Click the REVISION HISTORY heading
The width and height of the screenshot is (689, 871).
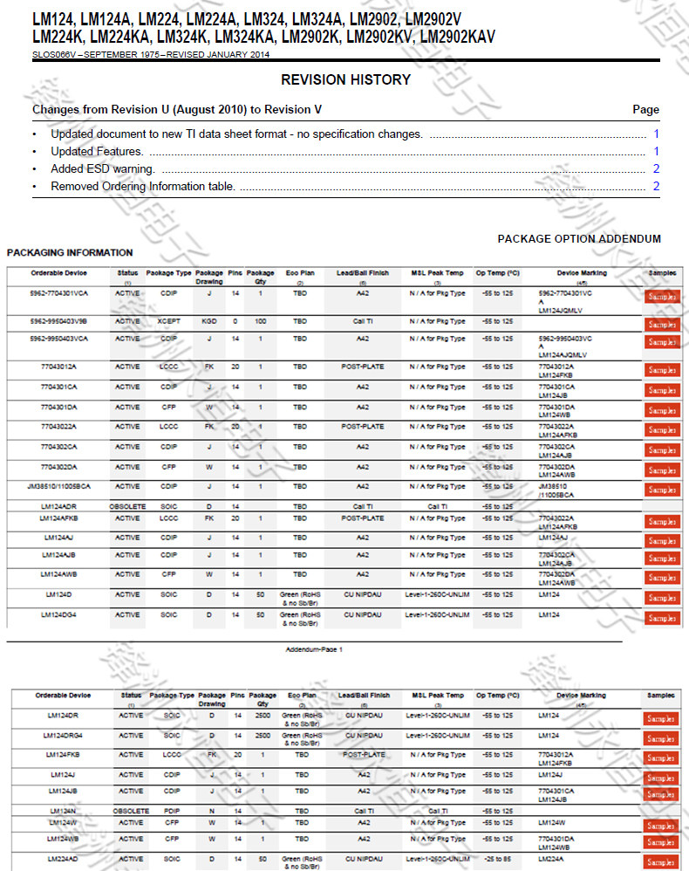point(345,79)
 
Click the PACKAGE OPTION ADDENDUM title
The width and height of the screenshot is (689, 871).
point(579,238)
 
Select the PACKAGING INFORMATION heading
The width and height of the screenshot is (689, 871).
point(70,252)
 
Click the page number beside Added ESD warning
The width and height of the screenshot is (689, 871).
point(656,168)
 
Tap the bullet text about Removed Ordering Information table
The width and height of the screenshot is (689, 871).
point(143,186)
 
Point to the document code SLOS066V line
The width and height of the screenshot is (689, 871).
point(151,54)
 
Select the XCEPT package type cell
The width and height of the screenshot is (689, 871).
point(169,320)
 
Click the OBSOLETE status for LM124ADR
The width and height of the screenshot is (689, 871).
point(127,506)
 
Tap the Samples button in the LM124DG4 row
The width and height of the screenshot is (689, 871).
point(661,618)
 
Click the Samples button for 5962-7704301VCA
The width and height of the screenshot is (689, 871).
point(661,297)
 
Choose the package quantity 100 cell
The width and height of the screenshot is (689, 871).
point(261,320)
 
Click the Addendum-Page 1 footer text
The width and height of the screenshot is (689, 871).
point(314,649)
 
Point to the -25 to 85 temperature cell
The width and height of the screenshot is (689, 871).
point(498,858)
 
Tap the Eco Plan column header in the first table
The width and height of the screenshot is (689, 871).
point(300,272)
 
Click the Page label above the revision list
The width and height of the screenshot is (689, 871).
point(645,110)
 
